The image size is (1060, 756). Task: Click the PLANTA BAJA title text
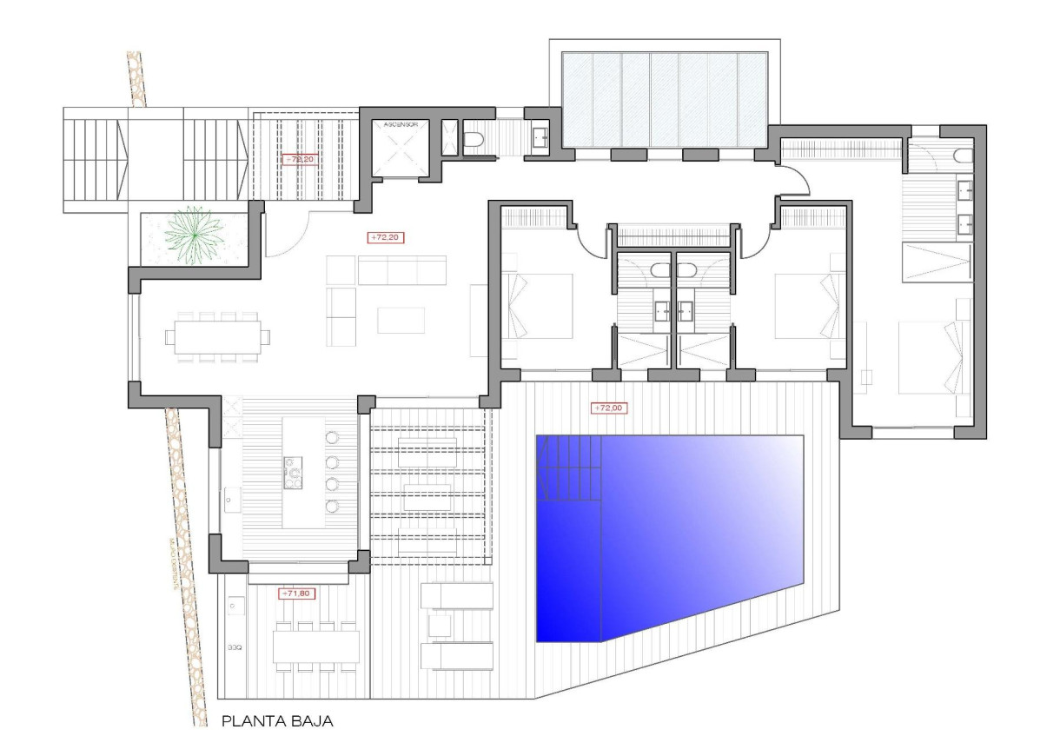(x=277, y=720)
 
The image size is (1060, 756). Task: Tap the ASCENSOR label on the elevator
(x=401, y=125)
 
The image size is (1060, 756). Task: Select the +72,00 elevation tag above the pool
(x=608, y=407)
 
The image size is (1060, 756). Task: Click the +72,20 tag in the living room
(x=388, y=236)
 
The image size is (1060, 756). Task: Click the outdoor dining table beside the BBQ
(x=315, y=646)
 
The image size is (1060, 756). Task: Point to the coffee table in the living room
(x=401, y=320)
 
